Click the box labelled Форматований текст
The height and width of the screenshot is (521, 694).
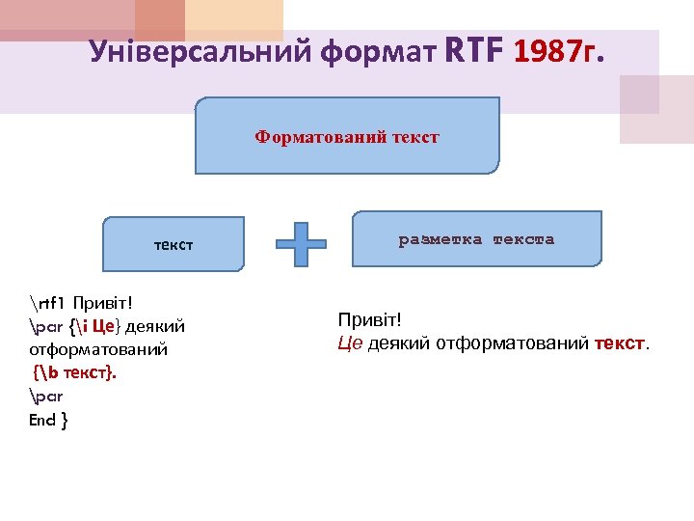click(x=347, y=137)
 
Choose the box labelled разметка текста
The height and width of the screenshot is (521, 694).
click(x=477, y=239)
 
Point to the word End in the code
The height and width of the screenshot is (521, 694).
click(x=42, y=420)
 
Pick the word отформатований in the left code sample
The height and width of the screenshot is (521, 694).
click(x=99, y=348)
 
